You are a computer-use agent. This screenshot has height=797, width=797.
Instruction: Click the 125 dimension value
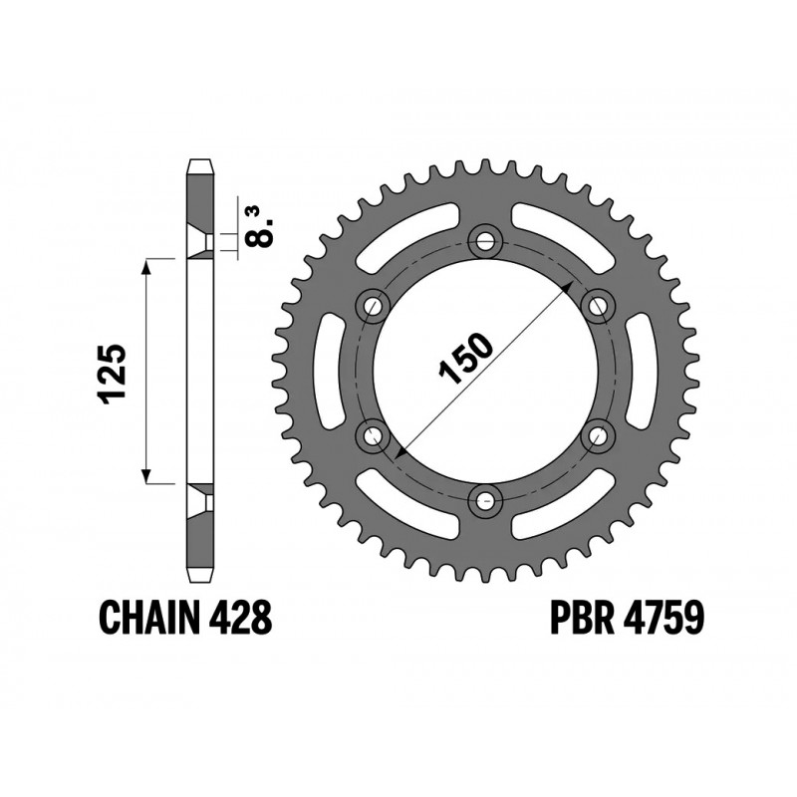111,374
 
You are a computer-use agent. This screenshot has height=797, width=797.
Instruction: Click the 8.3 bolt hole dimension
261,224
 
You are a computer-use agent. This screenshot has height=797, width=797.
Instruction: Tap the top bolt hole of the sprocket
485,239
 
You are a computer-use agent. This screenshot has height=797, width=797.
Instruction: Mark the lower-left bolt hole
374,433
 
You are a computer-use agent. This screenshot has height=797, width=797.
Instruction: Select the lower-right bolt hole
598,433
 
